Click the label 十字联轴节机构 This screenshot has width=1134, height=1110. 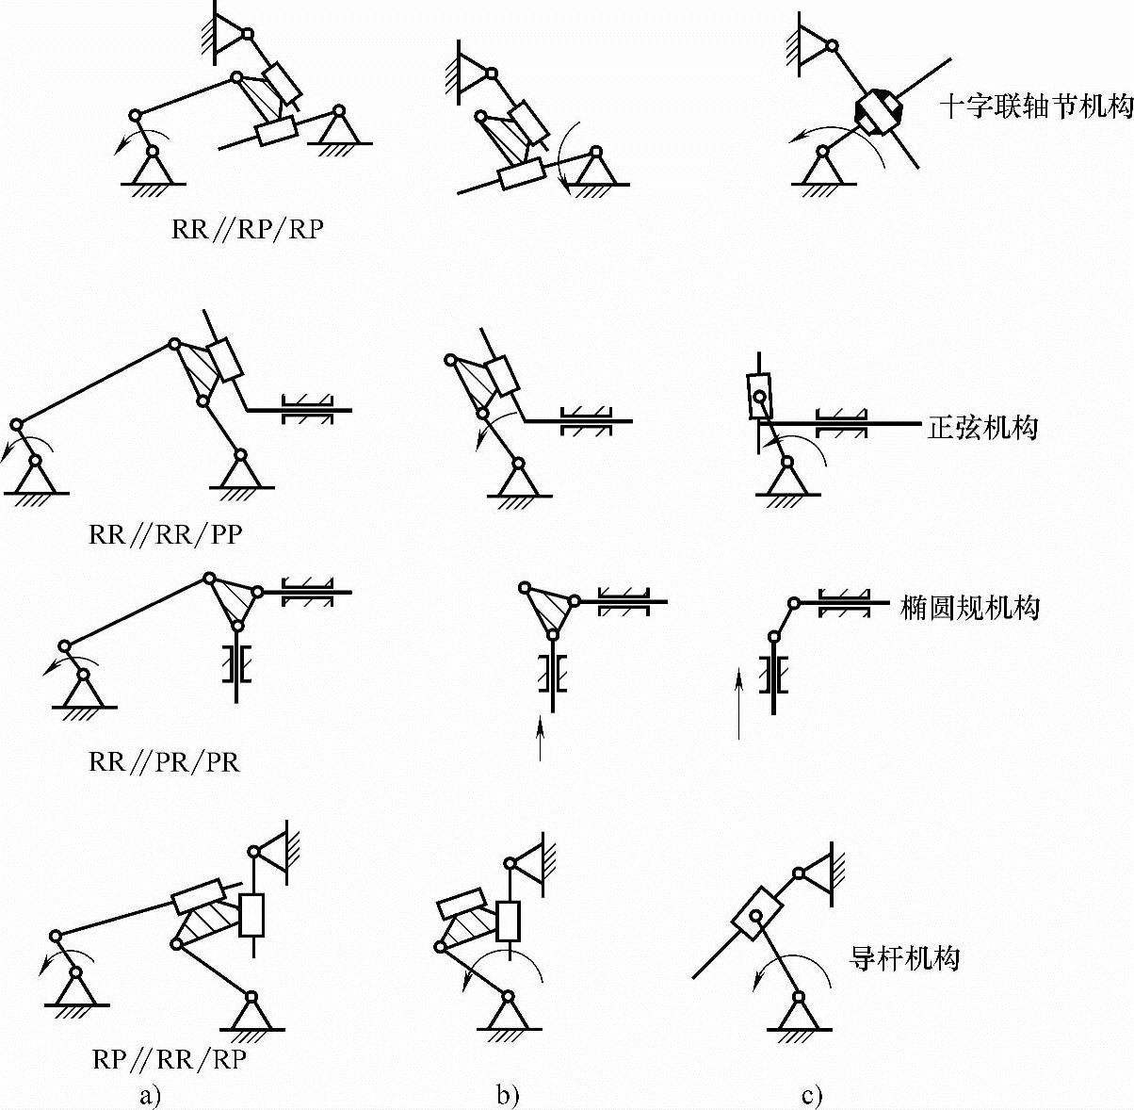pyautogui.click(x=1035, y=107)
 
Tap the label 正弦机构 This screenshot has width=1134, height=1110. pyautogui.click(x=981, y=428)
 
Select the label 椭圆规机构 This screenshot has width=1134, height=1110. pyautogui.click(x=970, y=609)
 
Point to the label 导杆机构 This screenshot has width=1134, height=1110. pyautogui.click(x=905, y=959)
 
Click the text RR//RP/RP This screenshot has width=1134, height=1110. pyautogui.click(x=248, y=230)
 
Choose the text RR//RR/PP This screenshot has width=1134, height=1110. pyautogui.click(x=166, y=535)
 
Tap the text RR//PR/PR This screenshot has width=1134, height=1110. pyautogui.click(x=165, y=761)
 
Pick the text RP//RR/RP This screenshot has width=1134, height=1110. pyautogui.click(x=170, y=1059)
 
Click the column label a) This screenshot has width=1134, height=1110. pyautogui.click(x=150, y=1095)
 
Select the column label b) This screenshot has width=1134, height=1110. pyautogui.click(x=508, y=1095)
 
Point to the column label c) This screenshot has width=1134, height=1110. pyautogui.click(x=811, y=1095)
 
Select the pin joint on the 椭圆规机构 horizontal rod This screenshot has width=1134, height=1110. pyautogui.click(x=794, y=602)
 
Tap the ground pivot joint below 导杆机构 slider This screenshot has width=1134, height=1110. pyautogui.click(x=799, y=997)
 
